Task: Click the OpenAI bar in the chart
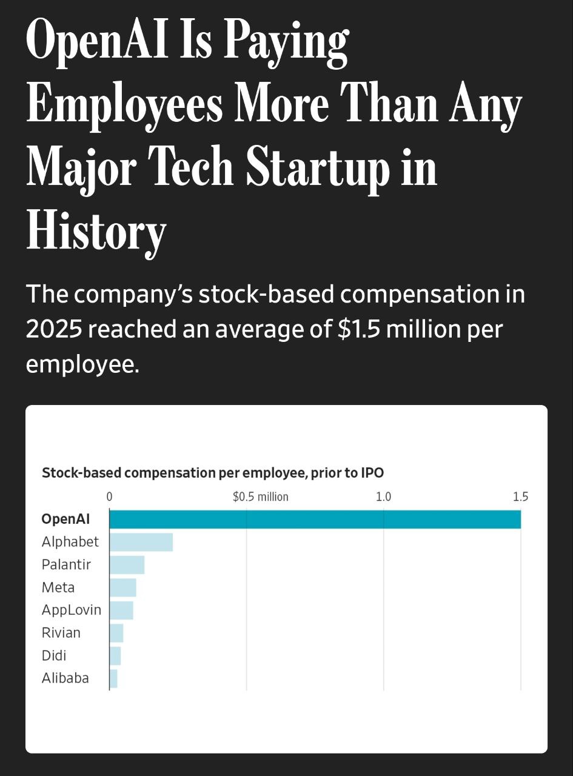coord(315,520)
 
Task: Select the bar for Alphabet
coord(141,542)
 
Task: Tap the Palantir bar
coord(127,564)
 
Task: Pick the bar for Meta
coord(123,587)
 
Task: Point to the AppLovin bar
coord(121,610)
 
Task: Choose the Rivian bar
coord(116,633)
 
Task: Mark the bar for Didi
coord(115,655)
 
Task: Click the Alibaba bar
coord(113,678)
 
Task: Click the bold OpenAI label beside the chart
coord(65,520)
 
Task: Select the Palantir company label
coord(66,564)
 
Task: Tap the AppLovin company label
coord(71,610)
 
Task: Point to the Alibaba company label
coord(65,678)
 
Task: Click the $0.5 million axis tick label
coord(261,497)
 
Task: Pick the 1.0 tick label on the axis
coord(383,497)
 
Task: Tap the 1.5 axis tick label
coord(520,497)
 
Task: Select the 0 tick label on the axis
coord(110,497)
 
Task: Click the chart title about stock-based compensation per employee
coord(213,473)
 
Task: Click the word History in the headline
coord(96,232)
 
